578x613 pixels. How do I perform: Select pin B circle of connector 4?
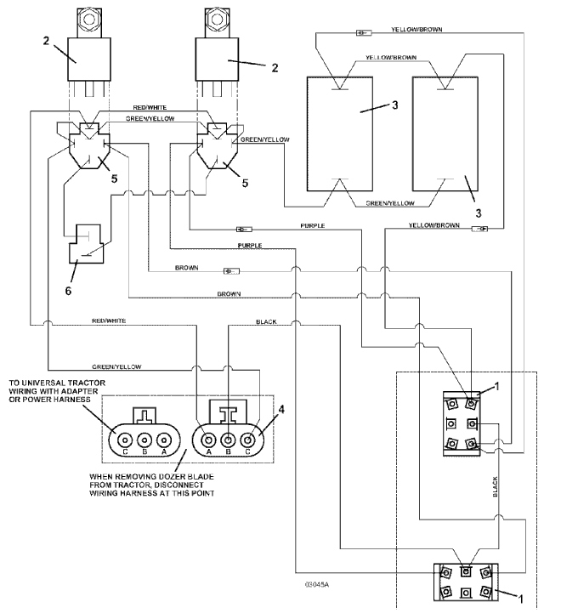(229, 440)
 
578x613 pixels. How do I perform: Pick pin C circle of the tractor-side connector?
(124, 440)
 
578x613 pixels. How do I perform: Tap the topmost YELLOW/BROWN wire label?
(416, 29)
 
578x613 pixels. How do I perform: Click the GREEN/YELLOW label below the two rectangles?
(390, 204)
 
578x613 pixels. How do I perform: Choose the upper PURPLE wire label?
(312, 226)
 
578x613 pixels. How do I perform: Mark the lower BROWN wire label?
(228, 293)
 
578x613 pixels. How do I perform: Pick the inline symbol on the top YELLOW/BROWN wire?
(363, 33)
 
